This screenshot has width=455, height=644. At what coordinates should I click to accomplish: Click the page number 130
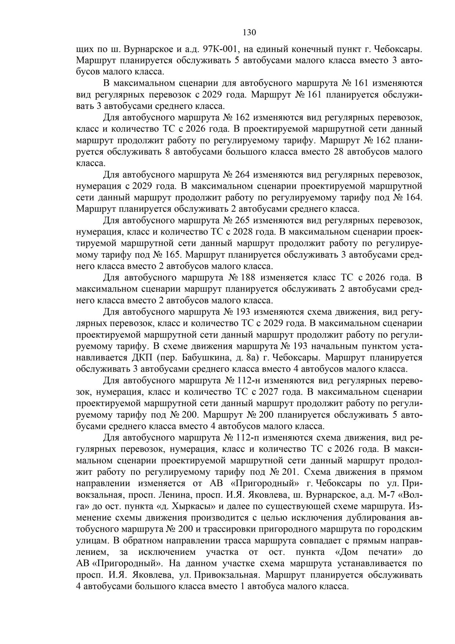249,32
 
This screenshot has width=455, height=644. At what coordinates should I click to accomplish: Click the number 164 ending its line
413,198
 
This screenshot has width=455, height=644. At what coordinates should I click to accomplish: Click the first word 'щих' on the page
84,49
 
